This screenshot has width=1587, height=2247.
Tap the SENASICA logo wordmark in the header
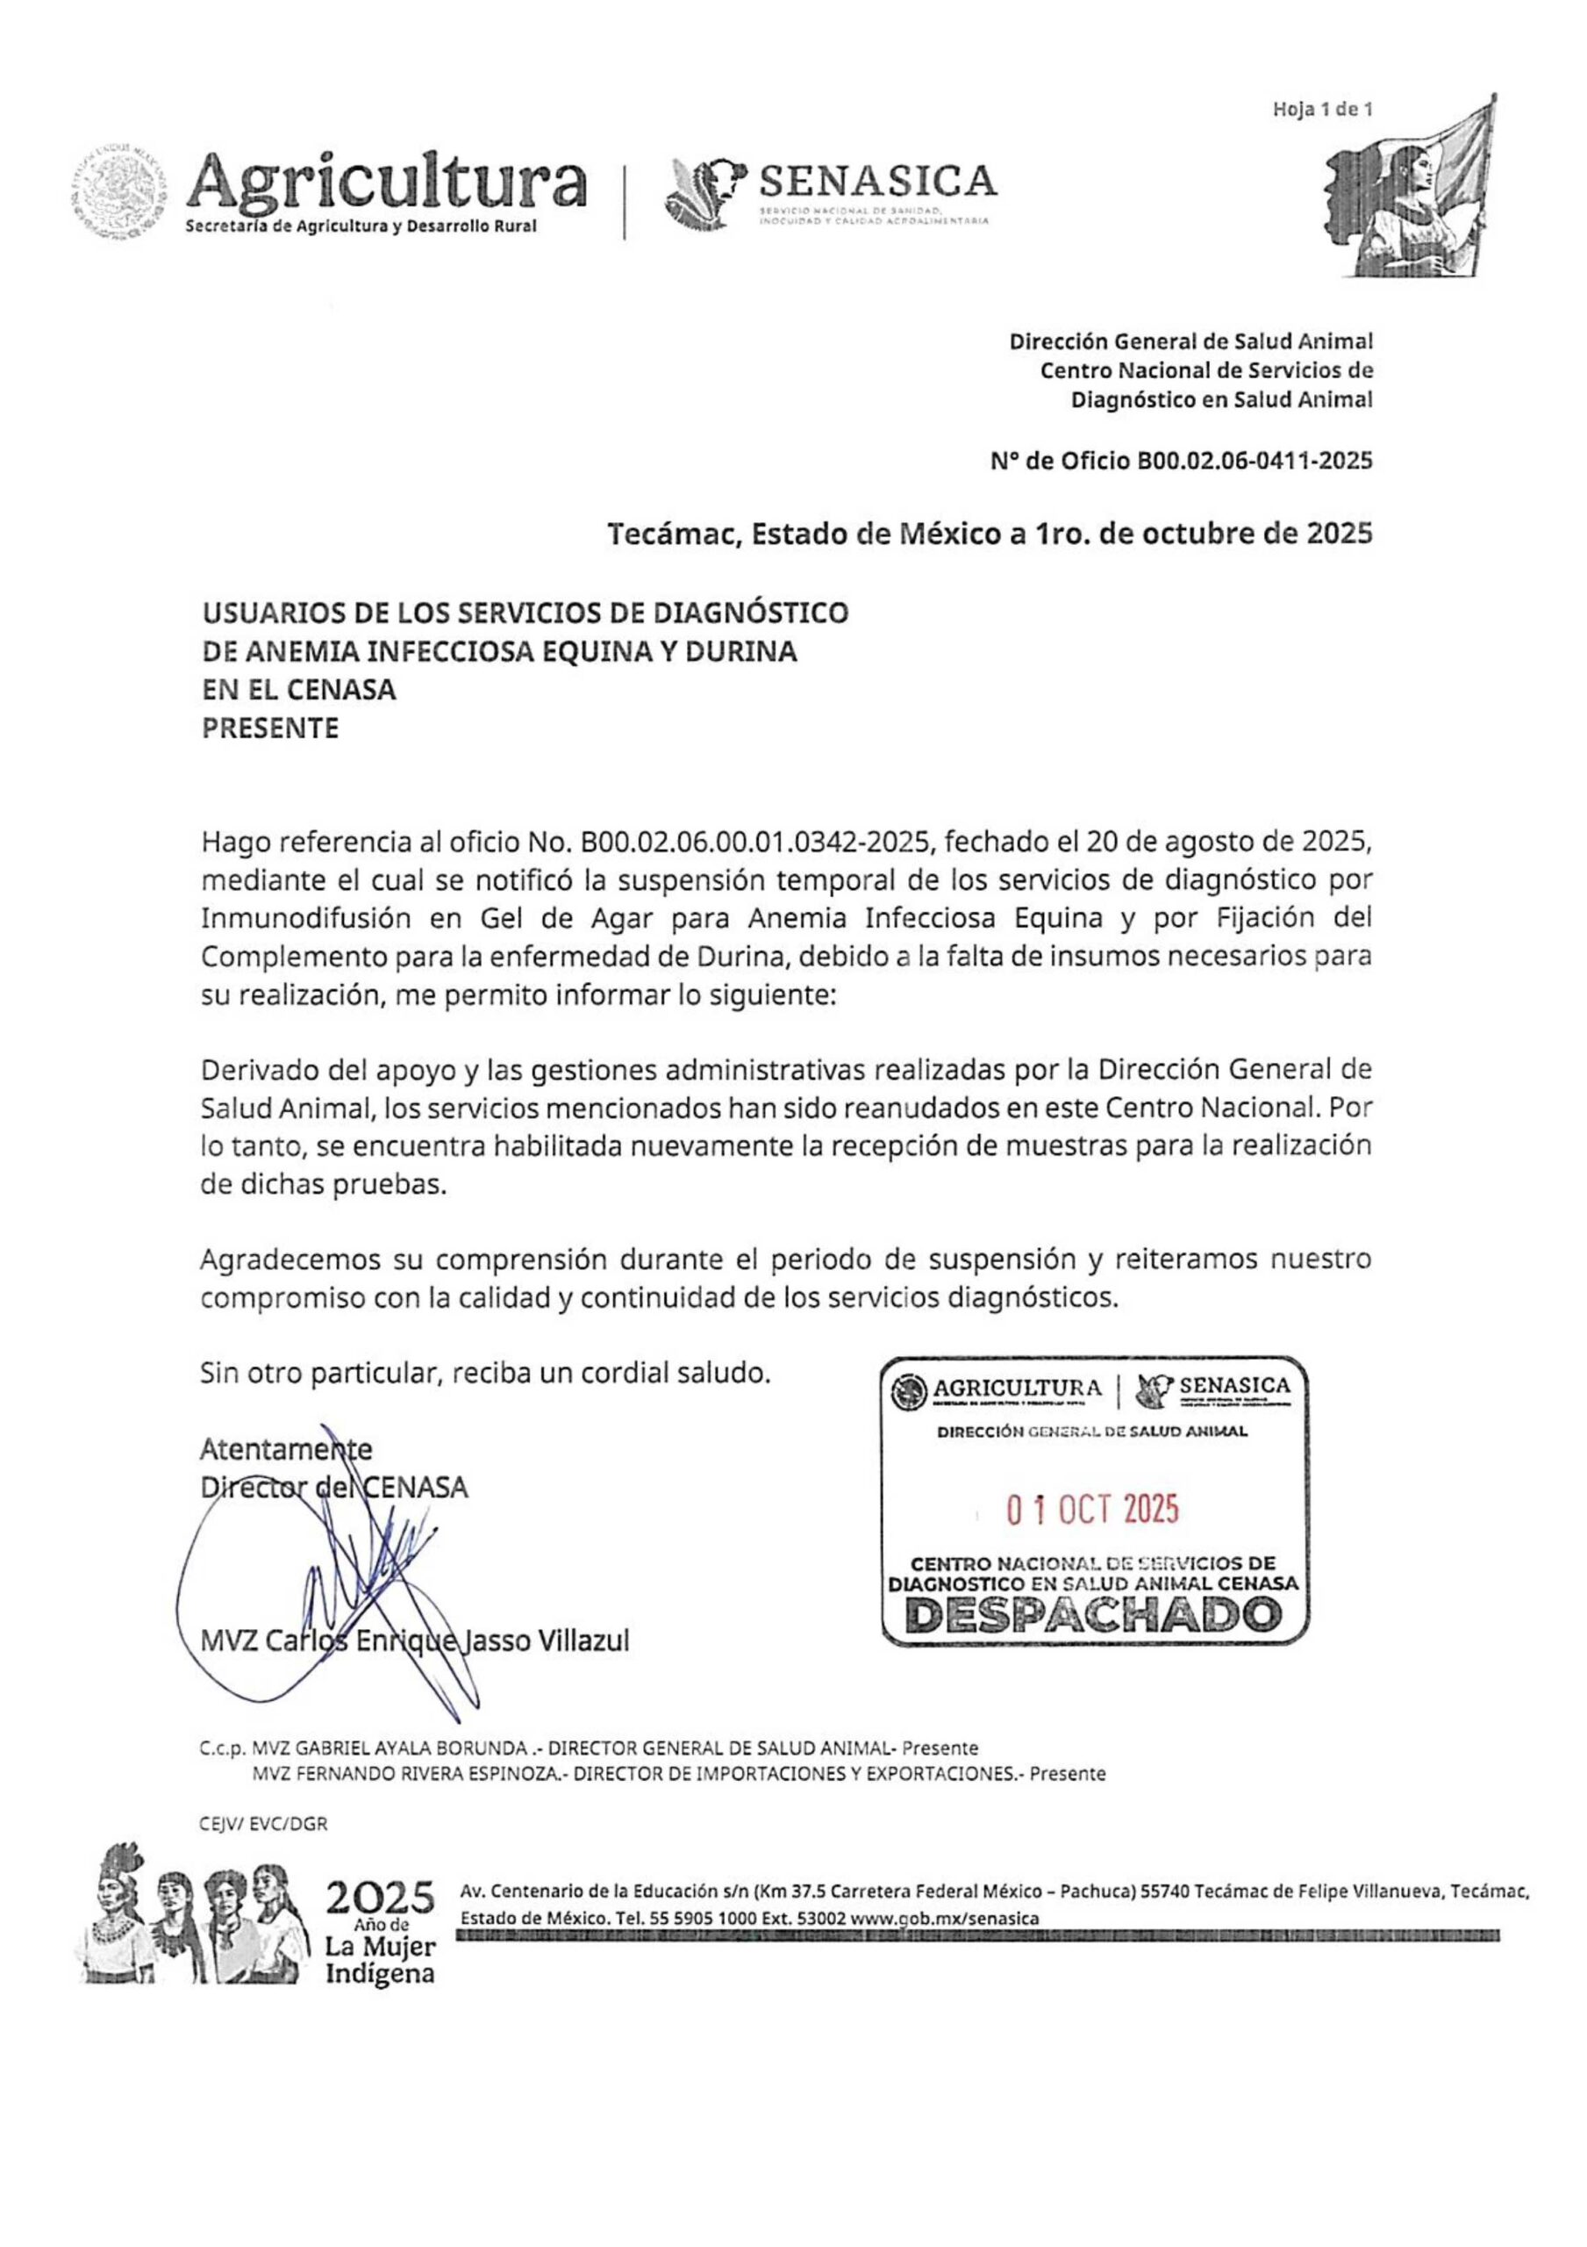(x=877, y=180)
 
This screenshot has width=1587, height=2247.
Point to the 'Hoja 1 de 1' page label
(x=1322, y=110)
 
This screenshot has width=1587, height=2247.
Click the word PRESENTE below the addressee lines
(x=270, y=729)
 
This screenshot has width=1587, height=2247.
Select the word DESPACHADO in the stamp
(x=1094, y=1616)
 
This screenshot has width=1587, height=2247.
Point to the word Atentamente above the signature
(x=286, y=1448)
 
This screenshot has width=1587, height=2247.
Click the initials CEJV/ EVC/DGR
(x=263, y=1823)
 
